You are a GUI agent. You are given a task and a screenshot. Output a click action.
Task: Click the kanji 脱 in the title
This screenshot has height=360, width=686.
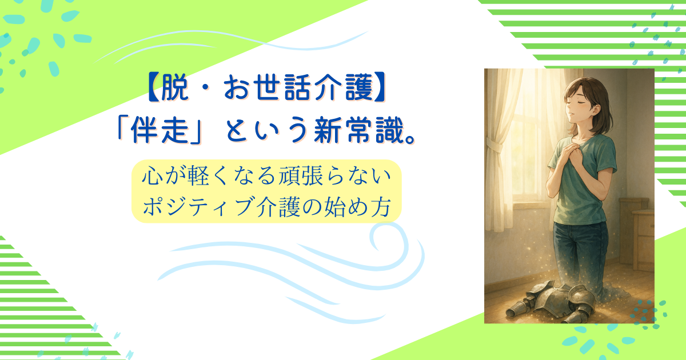(174, 88)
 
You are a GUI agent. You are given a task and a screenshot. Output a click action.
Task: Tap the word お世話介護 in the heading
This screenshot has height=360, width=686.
(298, 88)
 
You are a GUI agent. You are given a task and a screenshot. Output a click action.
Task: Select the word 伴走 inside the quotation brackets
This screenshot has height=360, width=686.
(159, 130)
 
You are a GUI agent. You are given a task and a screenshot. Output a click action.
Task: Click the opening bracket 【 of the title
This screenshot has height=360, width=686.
(153, 88)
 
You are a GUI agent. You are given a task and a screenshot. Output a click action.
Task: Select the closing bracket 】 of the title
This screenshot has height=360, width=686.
(380, 88)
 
